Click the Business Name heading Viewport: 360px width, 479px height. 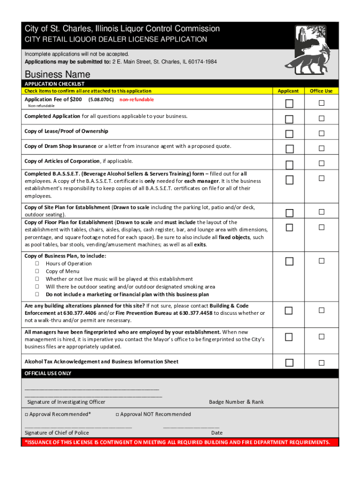pos(57,74)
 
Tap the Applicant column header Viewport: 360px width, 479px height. pos(288,91)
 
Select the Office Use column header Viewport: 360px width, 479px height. pos(321,91)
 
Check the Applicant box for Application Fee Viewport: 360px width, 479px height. pos(289,103)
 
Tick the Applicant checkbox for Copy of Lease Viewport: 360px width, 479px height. pos(289,134)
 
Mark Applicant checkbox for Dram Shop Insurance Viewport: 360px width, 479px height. pos(289,149)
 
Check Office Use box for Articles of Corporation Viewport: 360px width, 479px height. pos(322,163)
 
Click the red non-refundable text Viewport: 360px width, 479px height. pos(137,100)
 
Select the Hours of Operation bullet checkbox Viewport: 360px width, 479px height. pos(36,263)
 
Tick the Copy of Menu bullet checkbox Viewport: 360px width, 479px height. pos(36,271)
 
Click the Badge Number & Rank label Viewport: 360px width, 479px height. pos(236,402)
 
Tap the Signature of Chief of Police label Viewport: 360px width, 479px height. pos(57,433)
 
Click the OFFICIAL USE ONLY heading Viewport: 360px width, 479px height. pos(48,373)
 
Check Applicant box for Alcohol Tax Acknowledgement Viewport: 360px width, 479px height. pos(289,363)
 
